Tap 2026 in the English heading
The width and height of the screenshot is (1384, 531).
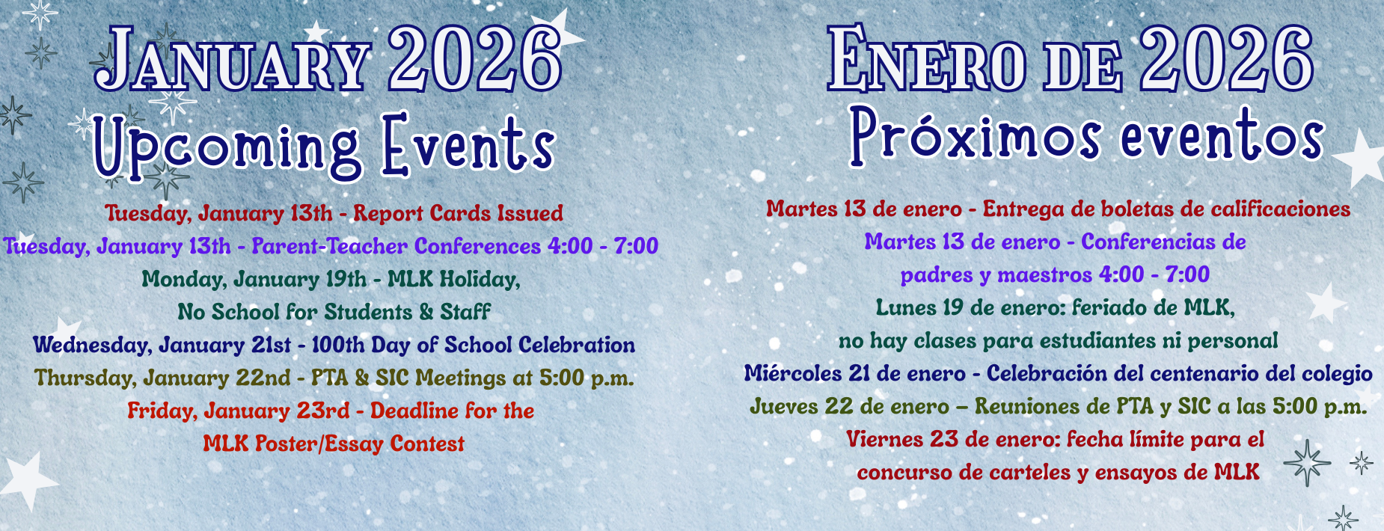475,58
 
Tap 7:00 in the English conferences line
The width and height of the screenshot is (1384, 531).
636,246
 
